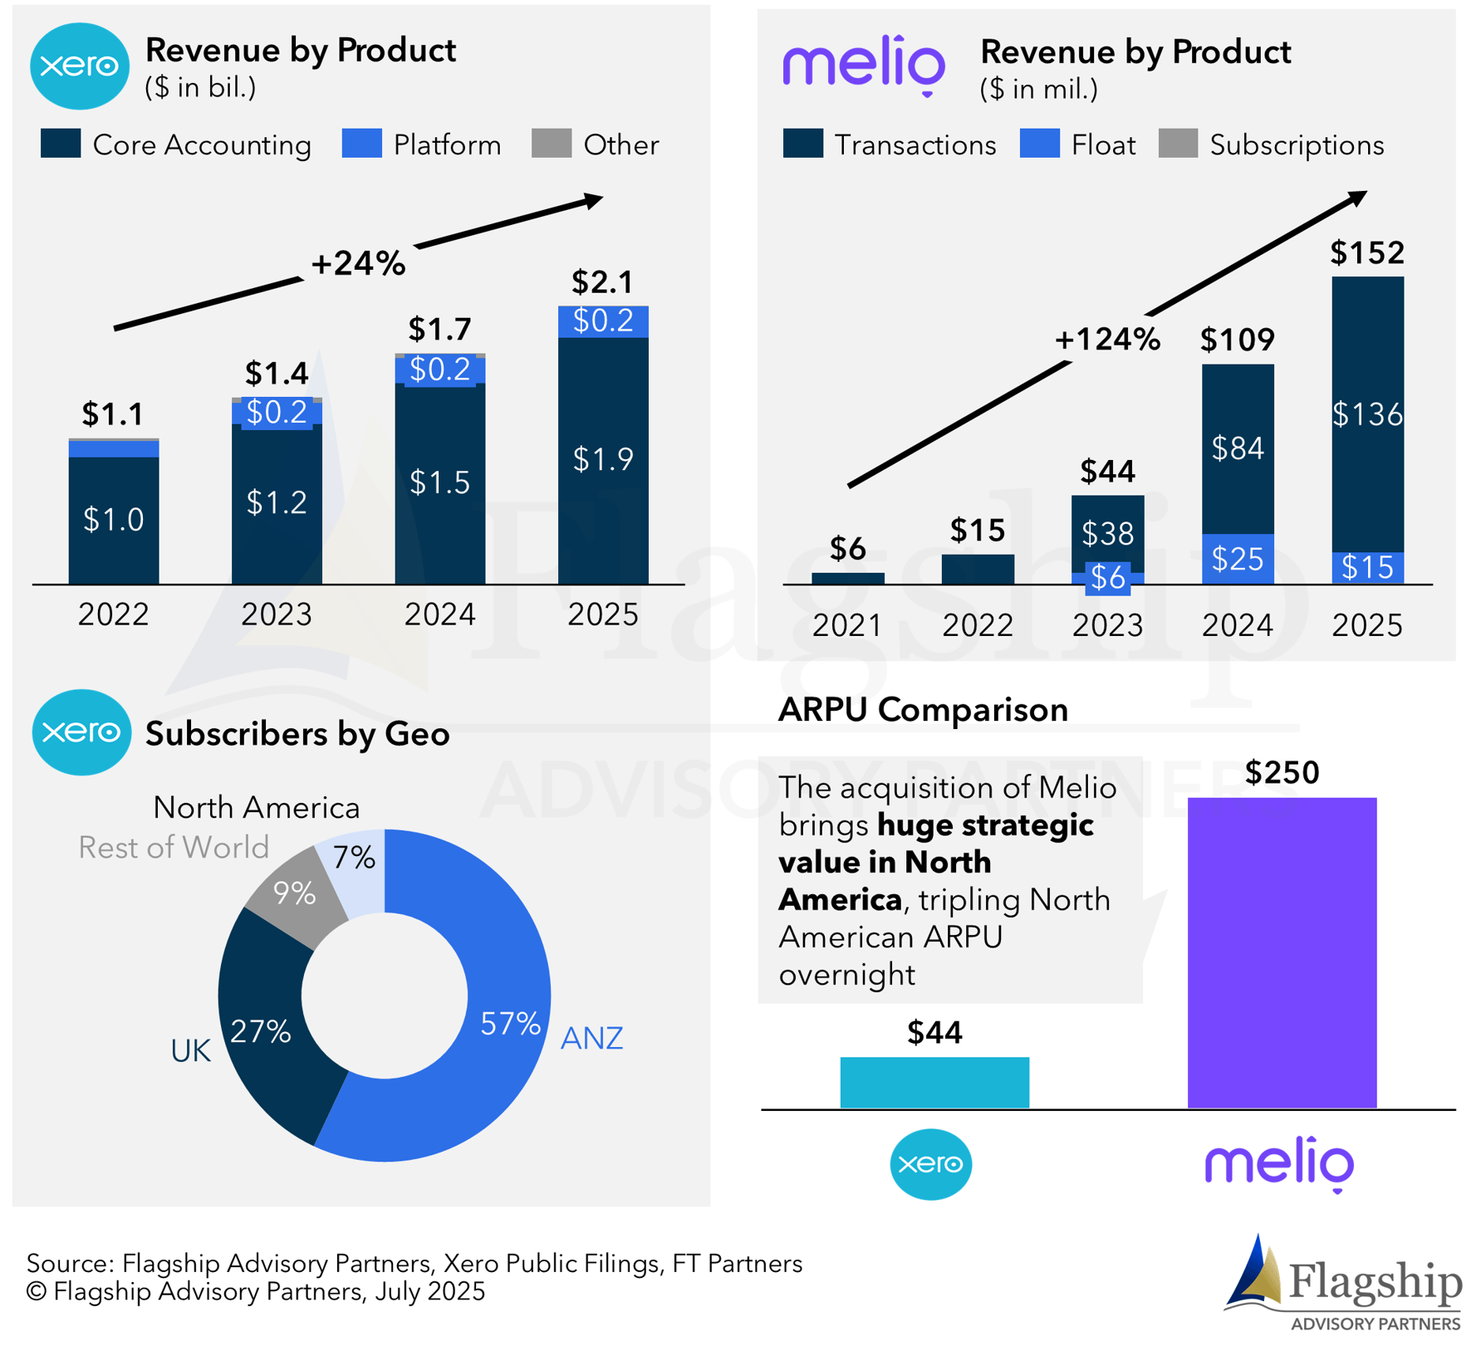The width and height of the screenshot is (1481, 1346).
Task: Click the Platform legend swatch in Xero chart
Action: (361, 143)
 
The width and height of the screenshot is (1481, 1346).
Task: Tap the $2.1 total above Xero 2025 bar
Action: (602, 282)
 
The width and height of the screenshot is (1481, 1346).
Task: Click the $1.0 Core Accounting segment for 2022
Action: (113, 520)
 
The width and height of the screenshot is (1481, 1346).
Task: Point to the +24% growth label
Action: (358, 263)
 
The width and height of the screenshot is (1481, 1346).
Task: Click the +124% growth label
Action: (1106, 339)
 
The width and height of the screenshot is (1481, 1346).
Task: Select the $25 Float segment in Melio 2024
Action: (1237, 559)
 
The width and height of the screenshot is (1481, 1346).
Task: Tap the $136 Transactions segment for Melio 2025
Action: (1366, 414)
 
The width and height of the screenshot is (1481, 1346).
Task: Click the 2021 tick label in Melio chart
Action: (846, 625)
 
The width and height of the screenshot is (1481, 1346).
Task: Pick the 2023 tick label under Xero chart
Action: (276, 614)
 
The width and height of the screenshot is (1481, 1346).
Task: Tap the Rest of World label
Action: (174, 847)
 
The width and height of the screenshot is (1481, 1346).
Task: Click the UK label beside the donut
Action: (190, 1051)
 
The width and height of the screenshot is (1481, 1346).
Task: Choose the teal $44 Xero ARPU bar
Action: (934, 1082)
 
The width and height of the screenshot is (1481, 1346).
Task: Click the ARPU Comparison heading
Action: (922, 710)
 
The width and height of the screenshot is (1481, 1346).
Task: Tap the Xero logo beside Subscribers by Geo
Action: (81, 732)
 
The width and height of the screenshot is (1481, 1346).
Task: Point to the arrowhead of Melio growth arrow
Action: (1357, 198)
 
